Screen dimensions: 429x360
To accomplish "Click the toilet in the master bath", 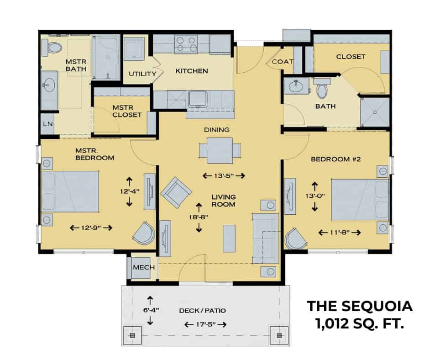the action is click(52, 48).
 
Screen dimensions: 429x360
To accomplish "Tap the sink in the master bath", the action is click(49, 85).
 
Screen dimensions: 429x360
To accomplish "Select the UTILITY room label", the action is click(142, 74).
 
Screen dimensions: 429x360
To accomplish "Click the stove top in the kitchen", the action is click(186, 44).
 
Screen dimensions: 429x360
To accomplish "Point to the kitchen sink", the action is click(198, 99).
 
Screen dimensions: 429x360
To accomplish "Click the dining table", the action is click(220, 151).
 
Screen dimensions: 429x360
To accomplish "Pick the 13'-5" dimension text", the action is click(224, 175).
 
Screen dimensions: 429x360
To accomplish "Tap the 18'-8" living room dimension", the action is click(199, 217).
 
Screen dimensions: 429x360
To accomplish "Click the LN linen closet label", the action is click(48, 124).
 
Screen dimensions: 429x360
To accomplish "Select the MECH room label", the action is click(144, 267).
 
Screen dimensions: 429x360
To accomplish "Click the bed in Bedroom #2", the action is click(360, 200).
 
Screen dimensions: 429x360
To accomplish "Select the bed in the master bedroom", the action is click(70, 191).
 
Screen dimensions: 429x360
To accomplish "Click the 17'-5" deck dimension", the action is click(206, 325).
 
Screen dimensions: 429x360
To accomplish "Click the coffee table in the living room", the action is click(229, 238).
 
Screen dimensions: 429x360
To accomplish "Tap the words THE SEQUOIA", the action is click(360, 306).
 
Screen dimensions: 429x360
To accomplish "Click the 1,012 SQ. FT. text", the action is click(360, 323).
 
